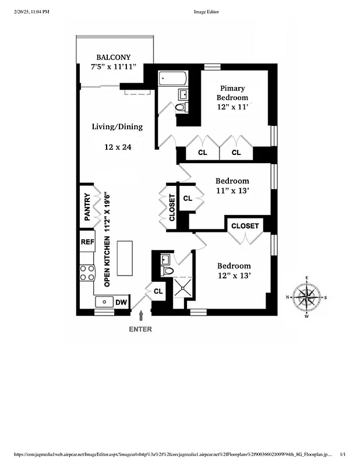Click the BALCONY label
113,57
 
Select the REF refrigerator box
87,242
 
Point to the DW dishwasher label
121,302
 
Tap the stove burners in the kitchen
87,273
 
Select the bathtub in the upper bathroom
172,77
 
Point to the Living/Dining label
117,126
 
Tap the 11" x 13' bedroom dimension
232,190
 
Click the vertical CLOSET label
172,207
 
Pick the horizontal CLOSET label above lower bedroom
245,225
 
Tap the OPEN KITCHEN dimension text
107,241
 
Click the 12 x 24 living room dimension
118,147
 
